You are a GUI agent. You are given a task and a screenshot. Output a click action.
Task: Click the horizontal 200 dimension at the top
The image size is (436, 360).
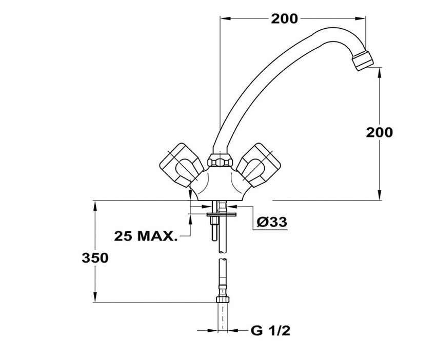[x=284, y=18]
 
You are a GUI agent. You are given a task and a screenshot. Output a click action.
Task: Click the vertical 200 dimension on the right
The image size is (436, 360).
[x=379, y=132]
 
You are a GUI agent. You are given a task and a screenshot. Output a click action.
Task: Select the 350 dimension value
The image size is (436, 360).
[x=95, y=258]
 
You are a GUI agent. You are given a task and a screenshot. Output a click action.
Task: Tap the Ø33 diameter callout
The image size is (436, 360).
[x=272, y=222]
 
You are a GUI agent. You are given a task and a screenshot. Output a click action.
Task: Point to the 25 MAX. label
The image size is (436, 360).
[x=146, y=236]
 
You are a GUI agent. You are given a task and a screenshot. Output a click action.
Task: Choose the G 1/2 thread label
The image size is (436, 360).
[x=270, y=331]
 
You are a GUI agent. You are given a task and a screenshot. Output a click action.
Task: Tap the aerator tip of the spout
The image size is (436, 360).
[x=363, y=60]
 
